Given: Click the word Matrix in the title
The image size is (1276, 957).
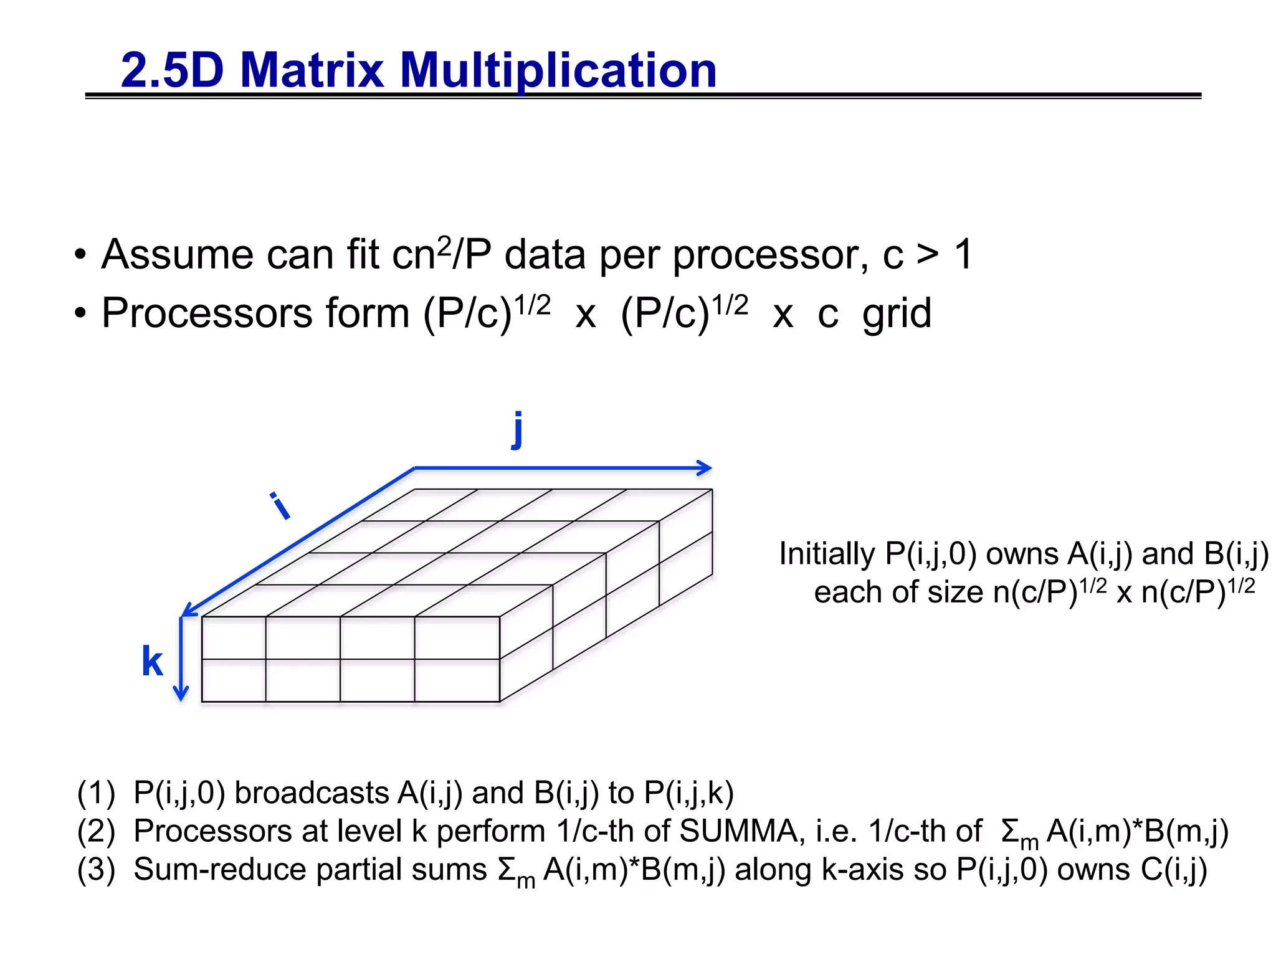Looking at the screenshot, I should coord(312,70).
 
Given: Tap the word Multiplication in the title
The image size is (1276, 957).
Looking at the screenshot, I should coord(558,70).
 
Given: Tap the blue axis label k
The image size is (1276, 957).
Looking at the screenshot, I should coord(152,661).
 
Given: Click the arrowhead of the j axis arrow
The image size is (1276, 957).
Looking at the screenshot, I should coord(706,468).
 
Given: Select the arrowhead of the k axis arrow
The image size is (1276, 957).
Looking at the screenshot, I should coord(181,694).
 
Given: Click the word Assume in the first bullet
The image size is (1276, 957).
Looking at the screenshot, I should coord(178,255).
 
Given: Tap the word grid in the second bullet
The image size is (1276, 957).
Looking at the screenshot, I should coord(897,313).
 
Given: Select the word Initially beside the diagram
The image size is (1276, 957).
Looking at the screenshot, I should coord(827,554).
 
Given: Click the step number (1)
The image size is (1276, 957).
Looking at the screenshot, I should coord(96,793).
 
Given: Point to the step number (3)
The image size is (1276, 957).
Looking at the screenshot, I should coord(96,870).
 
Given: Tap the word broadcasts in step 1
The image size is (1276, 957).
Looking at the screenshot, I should coord(312,793).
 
